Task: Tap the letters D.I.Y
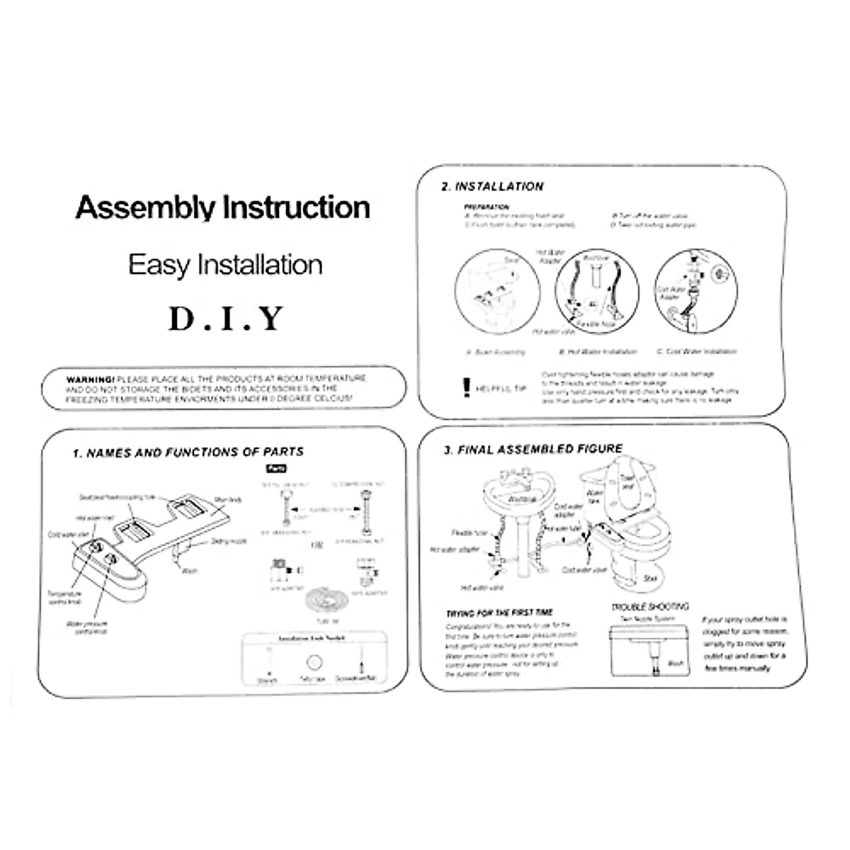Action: [x=226, y=318]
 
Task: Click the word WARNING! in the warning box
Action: [x=91, y=379]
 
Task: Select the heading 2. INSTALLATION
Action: [x=492, y=187]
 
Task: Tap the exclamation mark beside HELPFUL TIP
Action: [x=465, y=387]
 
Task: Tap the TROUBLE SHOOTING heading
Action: [x=650, y=607]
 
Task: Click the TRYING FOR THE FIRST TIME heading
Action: [x=499, y=613]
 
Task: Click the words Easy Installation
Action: [x=225, y=265]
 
